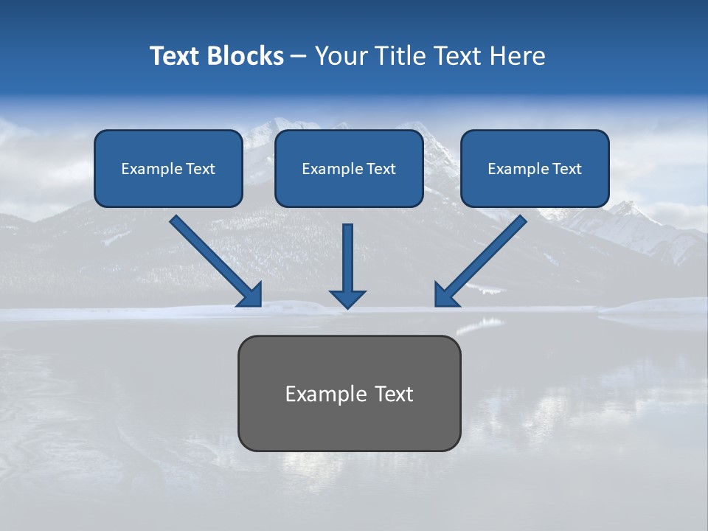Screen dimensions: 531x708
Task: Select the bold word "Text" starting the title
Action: [x=174, y=56]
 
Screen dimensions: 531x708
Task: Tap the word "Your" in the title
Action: [x=340, y=56]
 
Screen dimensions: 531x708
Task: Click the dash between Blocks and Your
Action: [x=299, y=57]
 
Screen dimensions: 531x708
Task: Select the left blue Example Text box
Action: [x=168, y=168]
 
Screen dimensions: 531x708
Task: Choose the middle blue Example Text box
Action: [x=349, y=168]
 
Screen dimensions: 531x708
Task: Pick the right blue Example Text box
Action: [x=535, y=168]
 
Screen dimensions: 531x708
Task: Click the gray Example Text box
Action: [x=349, y=393]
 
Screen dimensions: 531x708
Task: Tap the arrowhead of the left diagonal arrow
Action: [x=251, y=295]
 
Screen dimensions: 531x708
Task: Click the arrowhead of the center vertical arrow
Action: [x=347, y=298]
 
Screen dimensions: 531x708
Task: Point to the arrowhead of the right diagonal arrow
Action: [x=445, y=295]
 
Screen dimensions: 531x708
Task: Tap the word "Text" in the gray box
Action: [x=395, y=394]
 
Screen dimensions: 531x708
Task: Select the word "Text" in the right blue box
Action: [x=566, y=169]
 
